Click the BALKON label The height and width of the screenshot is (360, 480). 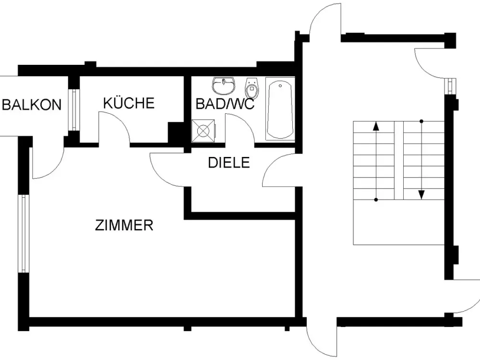click(32, 105)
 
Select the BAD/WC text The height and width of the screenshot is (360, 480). click(225, 104)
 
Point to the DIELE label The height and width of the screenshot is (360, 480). click(229, 162)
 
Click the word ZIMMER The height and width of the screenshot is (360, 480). click(124, 225)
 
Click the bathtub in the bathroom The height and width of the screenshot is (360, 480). click(280, 108)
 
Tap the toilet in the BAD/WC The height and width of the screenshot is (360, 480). click(252, 87)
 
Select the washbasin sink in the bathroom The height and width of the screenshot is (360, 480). click(224, 86)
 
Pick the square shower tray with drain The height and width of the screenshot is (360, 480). click(203, 131)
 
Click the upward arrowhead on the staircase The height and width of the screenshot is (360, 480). click(376, 126)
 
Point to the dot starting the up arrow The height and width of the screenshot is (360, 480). click(376, 200)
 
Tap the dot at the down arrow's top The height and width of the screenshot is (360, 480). click(421, 121)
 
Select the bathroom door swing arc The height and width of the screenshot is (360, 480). click(246, 121)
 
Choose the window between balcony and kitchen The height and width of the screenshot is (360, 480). click(74, 109)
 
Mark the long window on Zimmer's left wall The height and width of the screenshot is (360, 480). click(24, 234)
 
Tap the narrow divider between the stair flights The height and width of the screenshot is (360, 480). click(398, 161)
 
